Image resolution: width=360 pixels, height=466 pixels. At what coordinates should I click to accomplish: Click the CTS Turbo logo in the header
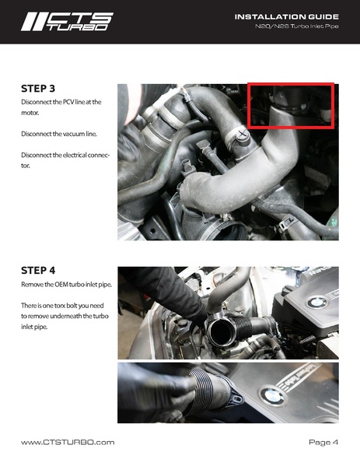pyautogui.click(x=66, y=22)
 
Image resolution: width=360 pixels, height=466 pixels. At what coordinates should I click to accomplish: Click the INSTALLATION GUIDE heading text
pyautogui.click(x=286, y=16)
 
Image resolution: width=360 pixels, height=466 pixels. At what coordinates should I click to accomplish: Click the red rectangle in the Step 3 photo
pyautogui.click(x=290, y=104)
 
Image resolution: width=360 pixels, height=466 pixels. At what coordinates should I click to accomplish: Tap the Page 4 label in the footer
pyautogui.click(x=323, y=442)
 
